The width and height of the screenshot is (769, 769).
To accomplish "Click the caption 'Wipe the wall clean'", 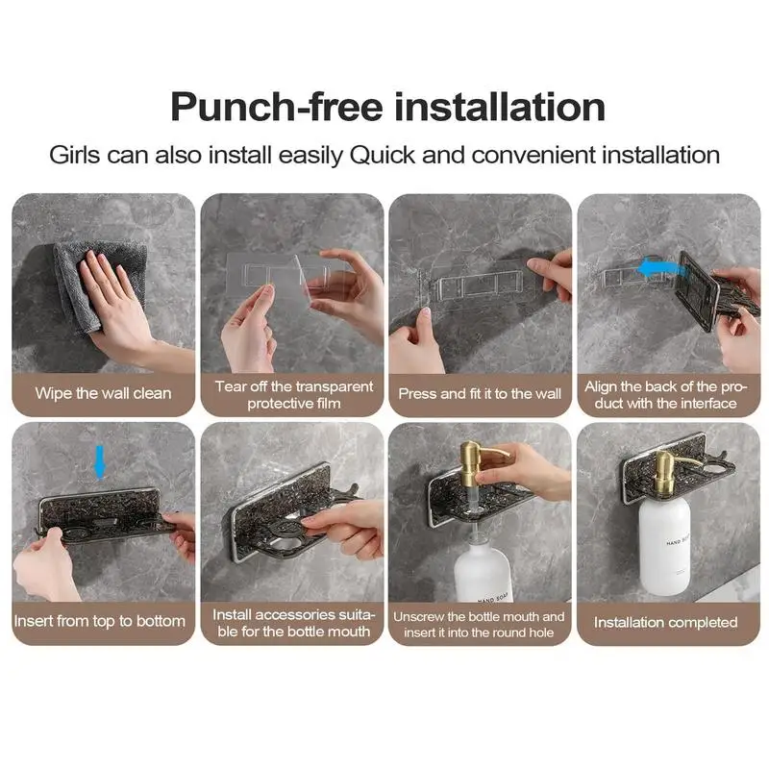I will point(104,393).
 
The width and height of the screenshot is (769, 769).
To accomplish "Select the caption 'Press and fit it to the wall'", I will point(480,393).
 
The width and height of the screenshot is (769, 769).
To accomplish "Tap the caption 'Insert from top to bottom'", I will point(100,621).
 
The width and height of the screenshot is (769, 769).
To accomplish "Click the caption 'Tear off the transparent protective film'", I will point(292,394).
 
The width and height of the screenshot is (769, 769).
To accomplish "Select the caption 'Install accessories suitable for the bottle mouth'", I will point(292,622).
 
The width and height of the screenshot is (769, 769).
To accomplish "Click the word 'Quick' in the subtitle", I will point(384,154).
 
